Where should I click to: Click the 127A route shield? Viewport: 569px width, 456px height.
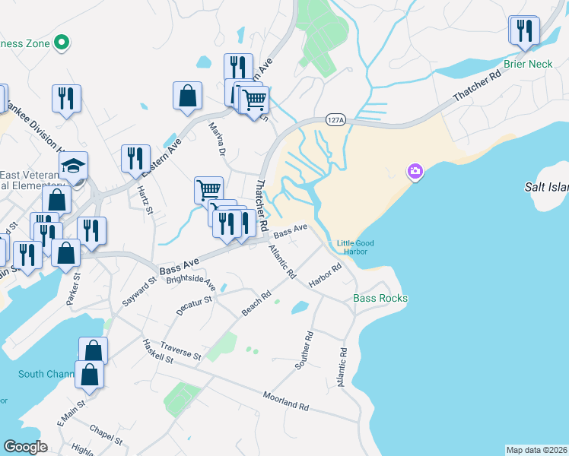[x=335, y=120]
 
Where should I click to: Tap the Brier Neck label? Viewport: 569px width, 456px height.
[x=528, y=65]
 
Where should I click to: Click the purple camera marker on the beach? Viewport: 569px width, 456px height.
[x=415, y=171]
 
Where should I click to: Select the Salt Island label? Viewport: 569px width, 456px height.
[x=546, y=186]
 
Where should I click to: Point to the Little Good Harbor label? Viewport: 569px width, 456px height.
[x=352, y=247]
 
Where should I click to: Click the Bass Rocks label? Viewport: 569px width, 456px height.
[x=380, y=298]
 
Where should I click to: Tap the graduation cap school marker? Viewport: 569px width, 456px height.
[x=74, y=166]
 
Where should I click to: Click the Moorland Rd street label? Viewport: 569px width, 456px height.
[x=286, y=401]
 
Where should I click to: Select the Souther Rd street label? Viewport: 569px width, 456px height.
[x=303, y=350]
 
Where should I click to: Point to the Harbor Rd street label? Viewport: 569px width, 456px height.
[x=326, y=276]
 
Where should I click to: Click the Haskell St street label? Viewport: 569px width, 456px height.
[x=158, y=351]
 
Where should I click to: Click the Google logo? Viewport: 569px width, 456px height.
[x=25, y=447]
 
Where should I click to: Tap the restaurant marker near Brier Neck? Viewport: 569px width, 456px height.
[x=524, y=31]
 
